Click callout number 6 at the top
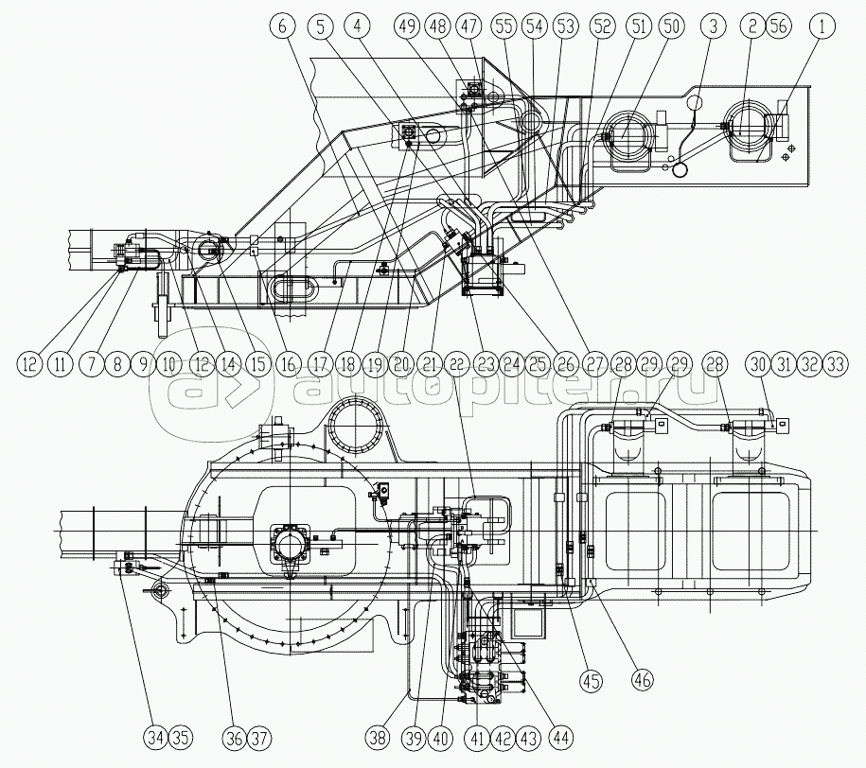[x=283, y=26]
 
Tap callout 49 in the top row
[x=408, y=26]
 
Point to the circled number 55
[x=504, y=26]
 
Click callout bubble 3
[x=713, y=26]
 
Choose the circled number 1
[x=822, y=26]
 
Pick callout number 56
[x=778, y=26]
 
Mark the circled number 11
[x=61, y=364]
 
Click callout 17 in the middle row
[x=320, y=364]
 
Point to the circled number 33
[x=834, y=364]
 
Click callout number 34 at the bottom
[x=156, y=737]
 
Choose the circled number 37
[x=259, y=737]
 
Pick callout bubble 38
[x=379, y=737]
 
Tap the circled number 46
[x=643, y=678]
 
